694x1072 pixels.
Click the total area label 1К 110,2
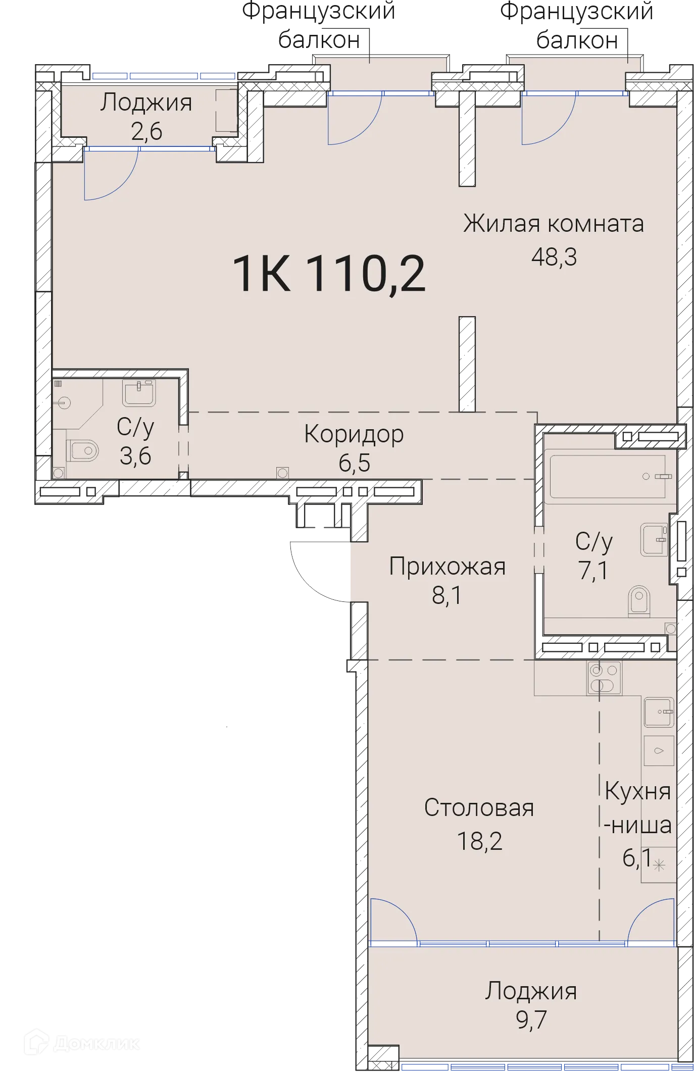click(x=329, y=274)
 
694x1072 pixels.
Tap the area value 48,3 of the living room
click(x=554, y=258)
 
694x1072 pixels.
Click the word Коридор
click(x=354, y=434)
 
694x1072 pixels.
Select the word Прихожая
click(x=447, y=567)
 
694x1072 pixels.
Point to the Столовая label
click(x=479, y=808)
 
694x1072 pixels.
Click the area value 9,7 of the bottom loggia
click(x=531, y=1020)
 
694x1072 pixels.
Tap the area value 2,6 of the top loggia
click(x=146, y=132)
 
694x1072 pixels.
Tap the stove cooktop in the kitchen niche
click(x=605, y=678)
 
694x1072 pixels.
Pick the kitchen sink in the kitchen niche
click(x=659, y=712)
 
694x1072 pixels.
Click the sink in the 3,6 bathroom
click(x=138, y=393)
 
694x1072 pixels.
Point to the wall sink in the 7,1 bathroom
click(x=654, y=539)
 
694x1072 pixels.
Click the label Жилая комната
click(x=554, y=224)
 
